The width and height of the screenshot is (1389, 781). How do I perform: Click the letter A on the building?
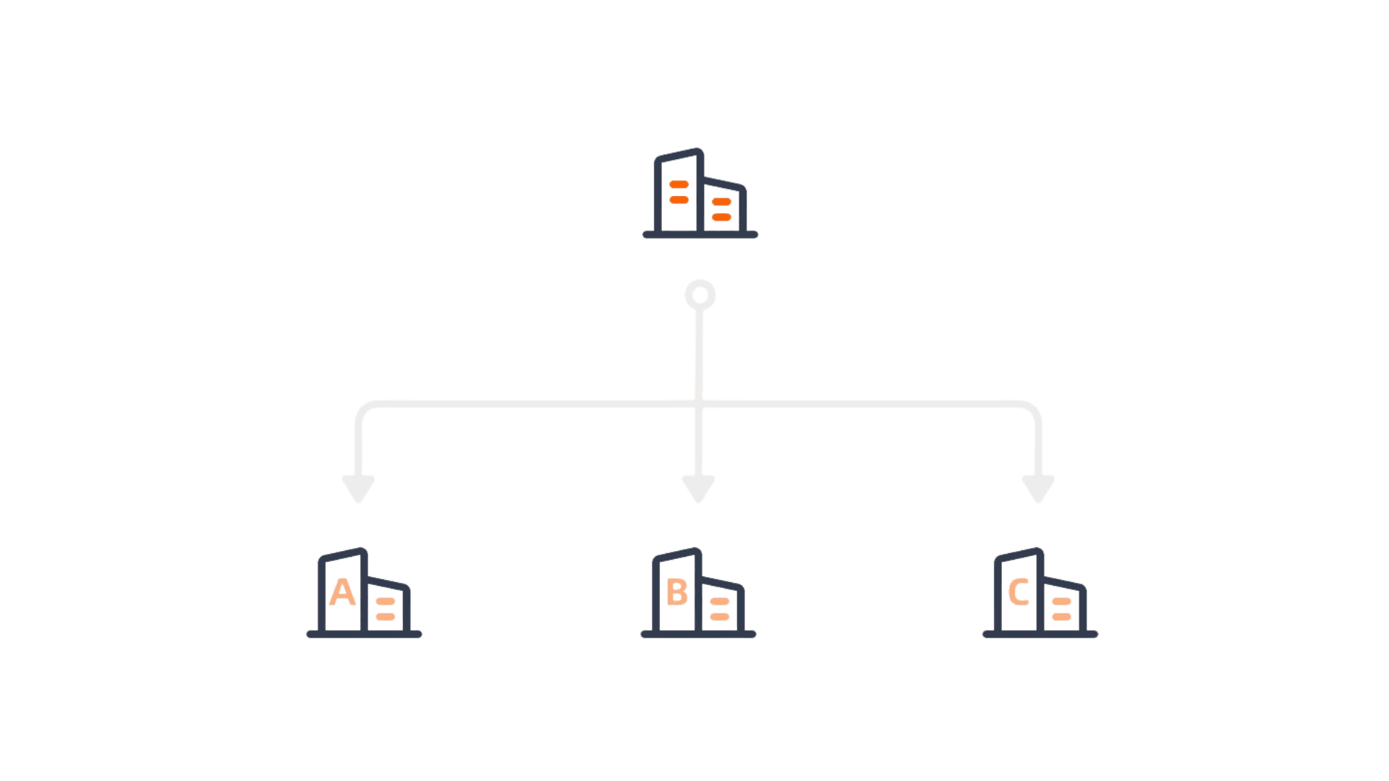coord(342,592)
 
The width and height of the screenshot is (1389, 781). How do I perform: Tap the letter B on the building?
coord(677,592)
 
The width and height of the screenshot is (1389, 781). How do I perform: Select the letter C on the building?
coord(1019,592)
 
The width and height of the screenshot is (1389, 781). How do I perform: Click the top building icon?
coord(700,194)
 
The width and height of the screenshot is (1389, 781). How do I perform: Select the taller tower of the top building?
coord(679,192)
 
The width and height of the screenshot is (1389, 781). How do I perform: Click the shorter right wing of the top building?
coord(722,206)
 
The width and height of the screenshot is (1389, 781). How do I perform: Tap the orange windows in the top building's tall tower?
coord(679,192)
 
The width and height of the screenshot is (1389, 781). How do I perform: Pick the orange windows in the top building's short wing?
coord(721,209)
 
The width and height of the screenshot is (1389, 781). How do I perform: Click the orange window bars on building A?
coord(386,609)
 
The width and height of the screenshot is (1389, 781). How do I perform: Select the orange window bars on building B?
coord(719,609)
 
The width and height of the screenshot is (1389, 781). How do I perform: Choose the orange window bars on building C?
coord(1061,609)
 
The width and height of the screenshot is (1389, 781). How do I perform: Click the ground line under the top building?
coord(700,234)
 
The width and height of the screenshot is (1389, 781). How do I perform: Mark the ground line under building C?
coord(1040,634)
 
